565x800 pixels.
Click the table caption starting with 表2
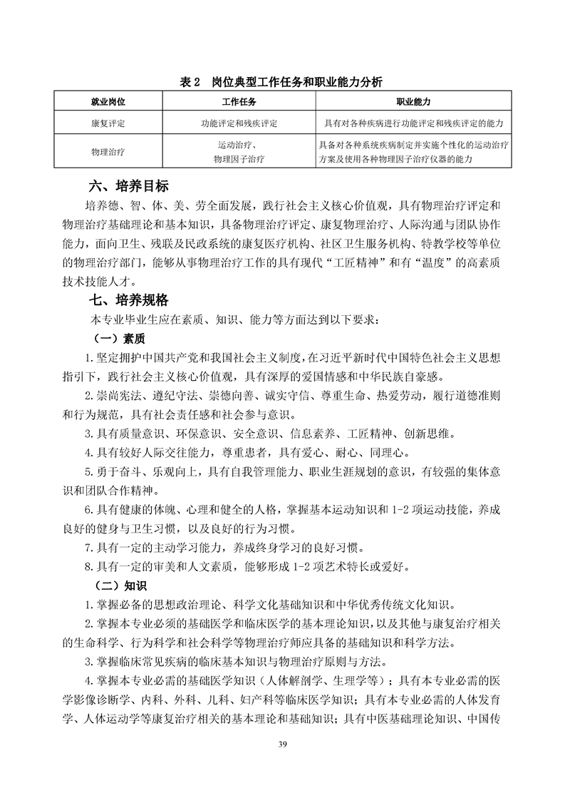pyautogui.click(x=282, y=82)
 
